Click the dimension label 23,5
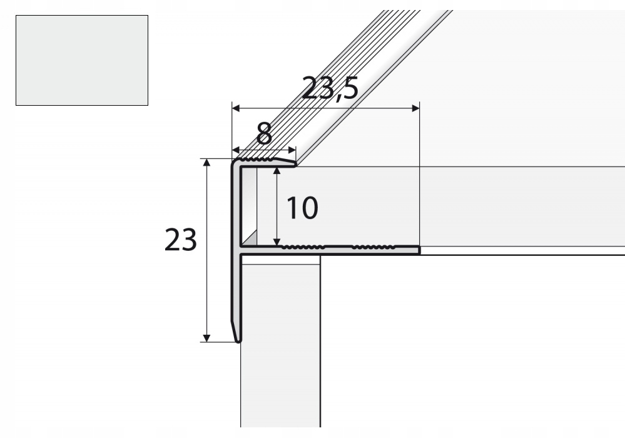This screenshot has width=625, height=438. (x=330, y=88)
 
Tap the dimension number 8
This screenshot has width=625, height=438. (x=264, y=134)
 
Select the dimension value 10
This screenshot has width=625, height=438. (x=302, y=208)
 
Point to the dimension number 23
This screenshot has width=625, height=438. (x=181, y=240)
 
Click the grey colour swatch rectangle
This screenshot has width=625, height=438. (x=82, y=61)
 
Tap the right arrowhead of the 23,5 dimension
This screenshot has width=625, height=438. (x=416, y=108)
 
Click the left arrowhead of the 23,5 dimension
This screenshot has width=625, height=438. (x=236, y=108)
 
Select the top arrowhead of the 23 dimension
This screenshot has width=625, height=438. (x=206, y=162)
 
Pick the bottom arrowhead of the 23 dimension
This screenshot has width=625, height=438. (x=206, y=338)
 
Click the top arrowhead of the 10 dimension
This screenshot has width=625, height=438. (x=277, y=171)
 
